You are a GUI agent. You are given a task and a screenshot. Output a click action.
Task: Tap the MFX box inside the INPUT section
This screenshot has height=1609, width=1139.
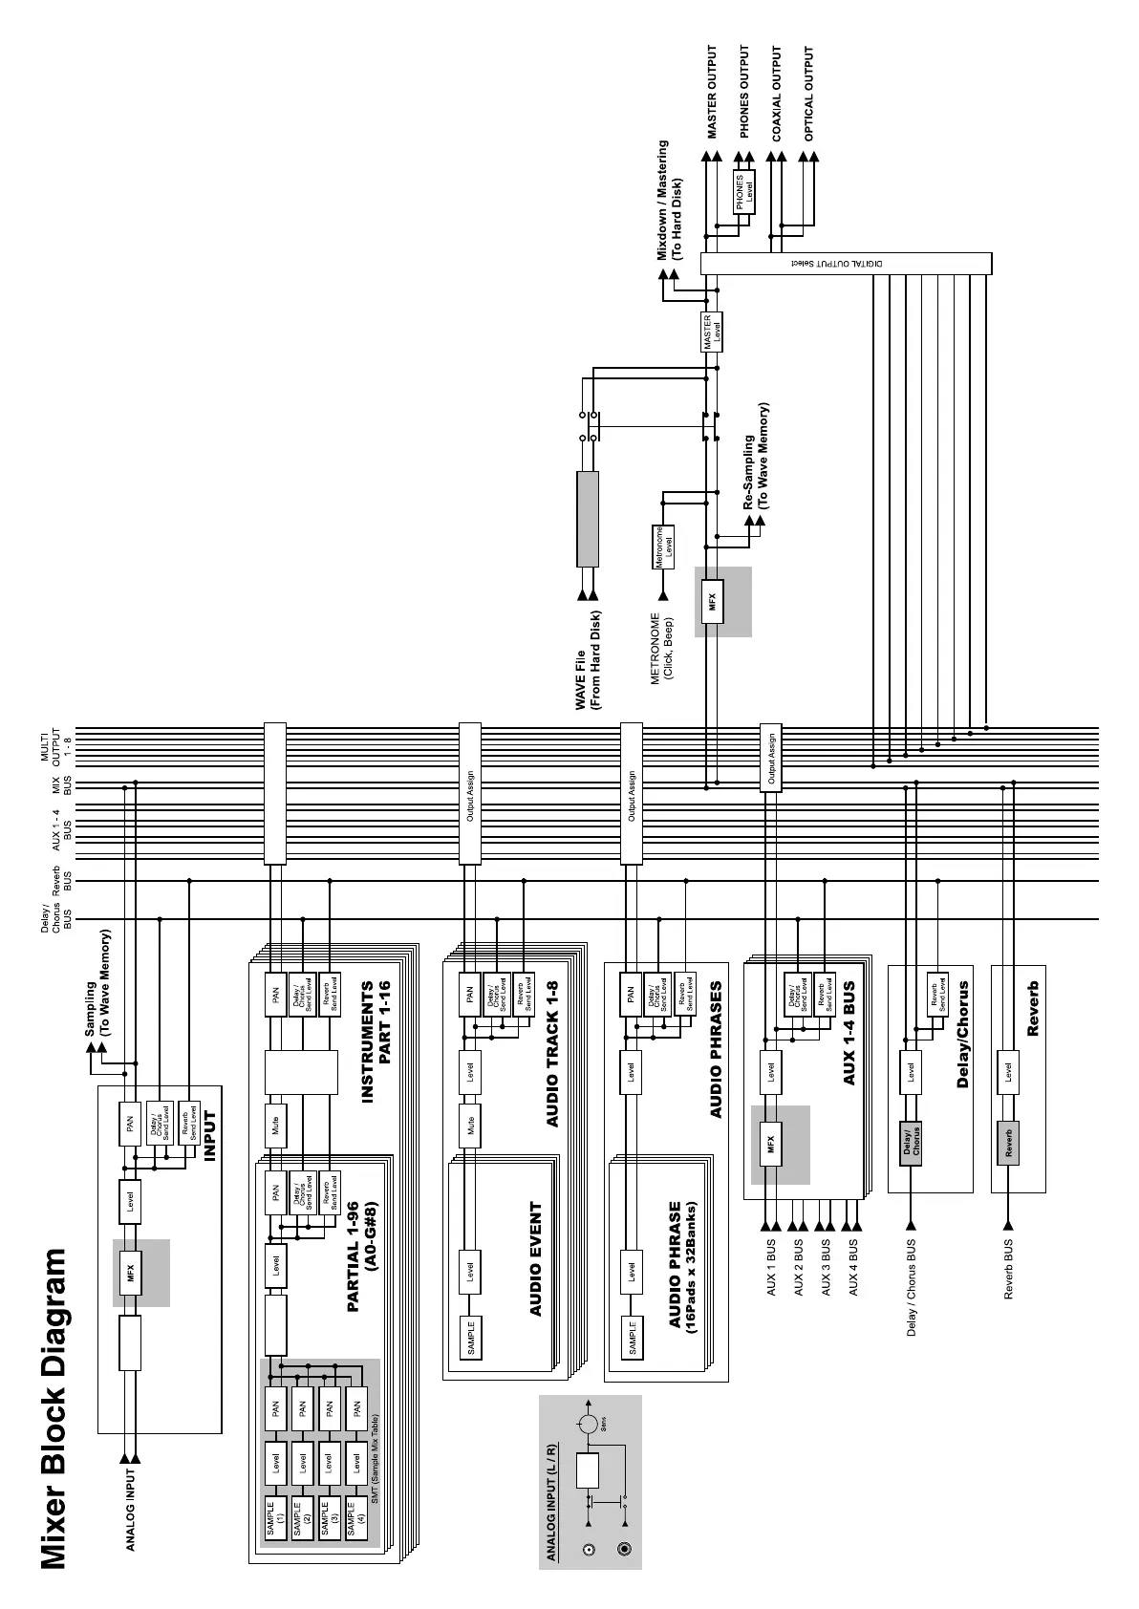point(130,1273)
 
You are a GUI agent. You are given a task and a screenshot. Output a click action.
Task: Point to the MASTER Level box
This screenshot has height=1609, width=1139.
point(712,333)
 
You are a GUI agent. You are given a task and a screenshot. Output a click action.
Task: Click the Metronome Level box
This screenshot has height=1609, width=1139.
point(664,547)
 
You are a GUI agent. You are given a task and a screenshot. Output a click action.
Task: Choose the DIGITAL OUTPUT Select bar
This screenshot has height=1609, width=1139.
point(846,263)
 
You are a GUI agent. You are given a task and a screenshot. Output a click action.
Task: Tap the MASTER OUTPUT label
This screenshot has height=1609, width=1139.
point(712,93)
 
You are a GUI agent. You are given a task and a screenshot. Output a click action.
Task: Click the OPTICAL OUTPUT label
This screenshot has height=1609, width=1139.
point(809,93)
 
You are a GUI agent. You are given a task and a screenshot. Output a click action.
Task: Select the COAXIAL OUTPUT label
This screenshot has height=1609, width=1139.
point(777,93)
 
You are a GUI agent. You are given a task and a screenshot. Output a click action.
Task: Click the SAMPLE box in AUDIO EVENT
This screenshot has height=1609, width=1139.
point(470,1338)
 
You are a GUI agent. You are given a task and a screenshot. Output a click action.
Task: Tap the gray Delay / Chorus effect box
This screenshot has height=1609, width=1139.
point(911,1142)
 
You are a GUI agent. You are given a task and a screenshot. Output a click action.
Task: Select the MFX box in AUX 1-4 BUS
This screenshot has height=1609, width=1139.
point(770,1144)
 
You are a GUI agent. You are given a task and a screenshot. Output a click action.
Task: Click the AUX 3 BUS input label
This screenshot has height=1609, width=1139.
point(826,1268)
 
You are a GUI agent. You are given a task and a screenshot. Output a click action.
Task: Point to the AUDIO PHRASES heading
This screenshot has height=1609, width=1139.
point(716,1049)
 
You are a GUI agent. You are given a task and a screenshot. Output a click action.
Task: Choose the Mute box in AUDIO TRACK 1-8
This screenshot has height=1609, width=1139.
point(470,1127)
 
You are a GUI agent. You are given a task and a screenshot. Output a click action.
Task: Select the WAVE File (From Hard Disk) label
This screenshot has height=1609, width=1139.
point(588,666)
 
